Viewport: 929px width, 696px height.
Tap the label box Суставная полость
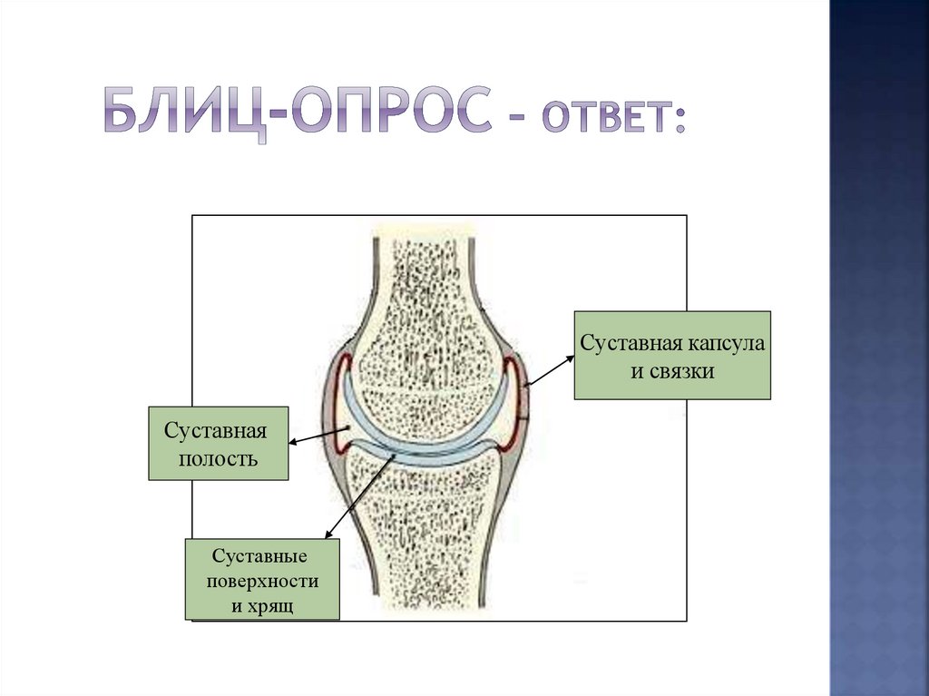click(218, 443)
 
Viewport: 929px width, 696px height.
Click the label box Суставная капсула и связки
click(671, 355)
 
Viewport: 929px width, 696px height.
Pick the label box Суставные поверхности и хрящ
click(262, 579)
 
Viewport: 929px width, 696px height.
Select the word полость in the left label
click(218, 459)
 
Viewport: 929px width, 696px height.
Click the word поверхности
click(262, 579)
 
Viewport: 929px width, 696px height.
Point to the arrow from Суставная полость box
click(318, 436)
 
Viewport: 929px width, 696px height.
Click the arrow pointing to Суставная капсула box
click(550, 371)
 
